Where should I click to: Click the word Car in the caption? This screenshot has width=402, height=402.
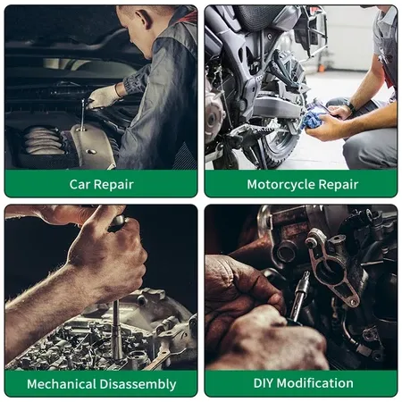coord(80,184)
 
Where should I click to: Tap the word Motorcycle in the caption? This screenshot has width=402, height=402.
coord(281,185)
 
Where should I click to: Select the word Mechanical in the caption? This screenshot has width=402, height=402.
coord(62,384)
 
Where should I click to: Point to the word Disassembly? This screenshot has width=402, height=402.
coord(138,384)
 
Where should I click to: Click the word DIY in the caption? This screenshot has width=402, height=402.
coord(264,383)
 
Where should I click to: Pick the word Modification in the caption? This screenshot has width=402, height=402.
coord(315,383)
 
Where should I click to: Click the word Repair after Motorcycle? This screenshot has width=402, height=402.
coord(339,185)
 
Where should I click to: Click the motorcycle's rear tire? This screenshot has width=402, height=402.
coord(280,146)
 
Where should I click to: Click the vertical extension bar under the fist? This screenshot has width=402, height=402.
coord(116,331)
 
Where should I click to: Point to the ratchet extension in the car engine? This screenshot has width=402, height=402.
coord(82,114)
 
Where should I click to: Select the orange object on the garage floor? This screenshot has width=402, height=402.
coord(322,68)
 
